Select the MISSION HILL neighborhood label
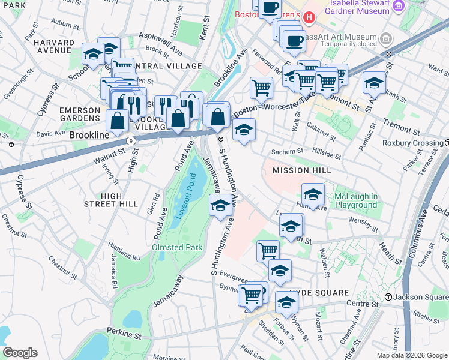(301, 170)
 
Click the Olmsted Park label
(173, 247)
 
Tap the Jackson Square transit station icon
(388, 297)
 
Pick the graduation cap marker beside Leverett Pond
(220, 206)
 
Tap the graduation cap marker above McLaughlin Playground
(313, 194)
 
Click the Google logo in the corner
(20, 353)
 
